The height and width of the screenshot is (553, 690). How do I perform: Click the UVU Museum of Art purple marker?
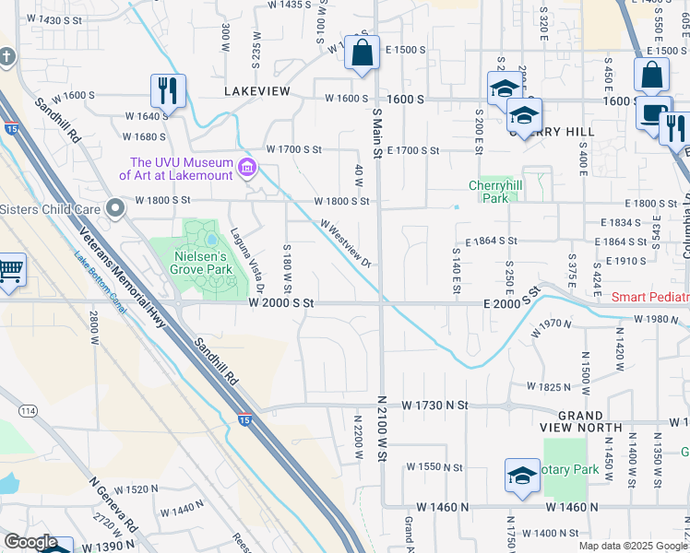click(x=246, y=167)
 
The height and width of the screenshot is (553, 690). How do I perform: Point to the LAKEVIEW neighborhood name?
click(x=256, y=91)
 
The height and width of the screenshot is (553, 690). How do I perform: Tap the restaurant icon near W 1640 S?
click(x=168, y=91)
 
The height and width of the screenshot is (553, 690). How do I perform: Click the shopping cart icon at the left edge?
click(x=10, y=271)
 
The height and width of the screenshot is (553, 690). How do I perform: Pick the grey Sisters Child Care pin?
click(x=114, y=208)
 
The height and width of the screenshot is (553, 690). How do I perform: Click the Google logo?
click(x=30, y=542)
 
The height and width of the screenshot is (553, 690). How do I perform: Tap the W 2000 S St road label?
click(x=281, y=302)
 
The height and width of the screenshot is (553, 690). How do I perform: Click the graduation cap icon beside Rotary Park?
click(x=522, y=477)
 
